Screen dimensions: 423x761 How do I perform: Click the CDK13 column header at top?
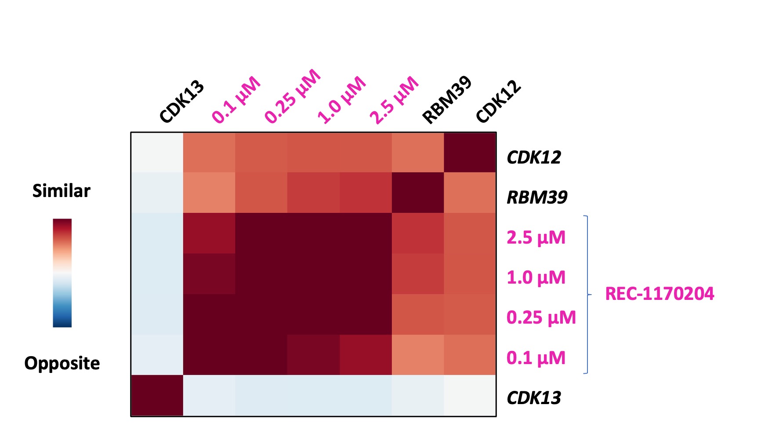182,102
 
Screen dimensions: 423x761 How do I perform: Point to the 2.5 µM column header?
394,100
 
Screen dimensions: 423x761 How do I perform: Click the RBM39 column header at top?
447,100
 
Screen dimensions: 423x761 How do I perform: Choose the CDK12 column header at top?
499,102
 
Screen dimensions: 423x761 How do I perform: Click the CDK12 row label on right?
534,157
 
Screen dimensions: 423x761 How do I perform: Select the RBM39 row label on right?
537,197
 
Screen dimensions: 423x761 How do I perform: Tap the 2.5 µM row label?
536,237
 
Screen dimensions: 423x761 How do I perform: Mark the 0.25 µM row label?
541,317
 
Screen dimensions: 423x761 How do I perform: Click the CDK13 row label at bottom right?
534,398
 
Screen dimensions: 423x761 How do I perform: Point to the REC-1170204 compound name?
660,294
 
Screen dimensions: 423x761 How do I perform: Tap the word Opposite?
62,363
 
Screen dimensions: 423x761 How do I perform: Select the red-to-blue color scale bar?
62,273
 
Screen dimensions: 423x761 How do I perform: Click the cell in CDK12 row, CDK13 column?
157,152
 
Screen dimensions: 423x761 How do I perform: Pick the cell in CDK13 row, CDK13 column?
157,395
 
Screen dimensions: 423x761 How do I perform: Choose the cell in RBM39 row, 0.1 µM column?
209,193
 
